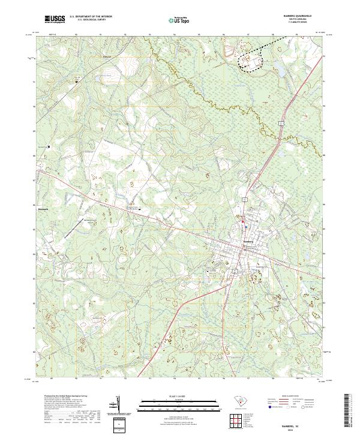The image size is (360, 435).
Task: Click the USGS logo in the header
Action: click(x=54, y=20)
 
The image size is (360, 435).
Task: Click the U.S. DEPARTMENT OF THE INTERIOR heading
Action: click(x=91, y=17)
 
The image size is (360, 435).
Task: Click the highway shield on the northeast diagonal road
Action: click(x=280, y=123)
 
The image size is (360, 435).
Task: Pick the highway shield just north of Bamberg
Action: click(x=245, y=197)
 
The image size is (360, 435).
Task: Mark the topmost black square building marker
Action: click(x=76, y=82)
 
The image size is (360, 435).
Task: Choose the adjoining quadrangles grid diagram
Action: click(x=234, y=419)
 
